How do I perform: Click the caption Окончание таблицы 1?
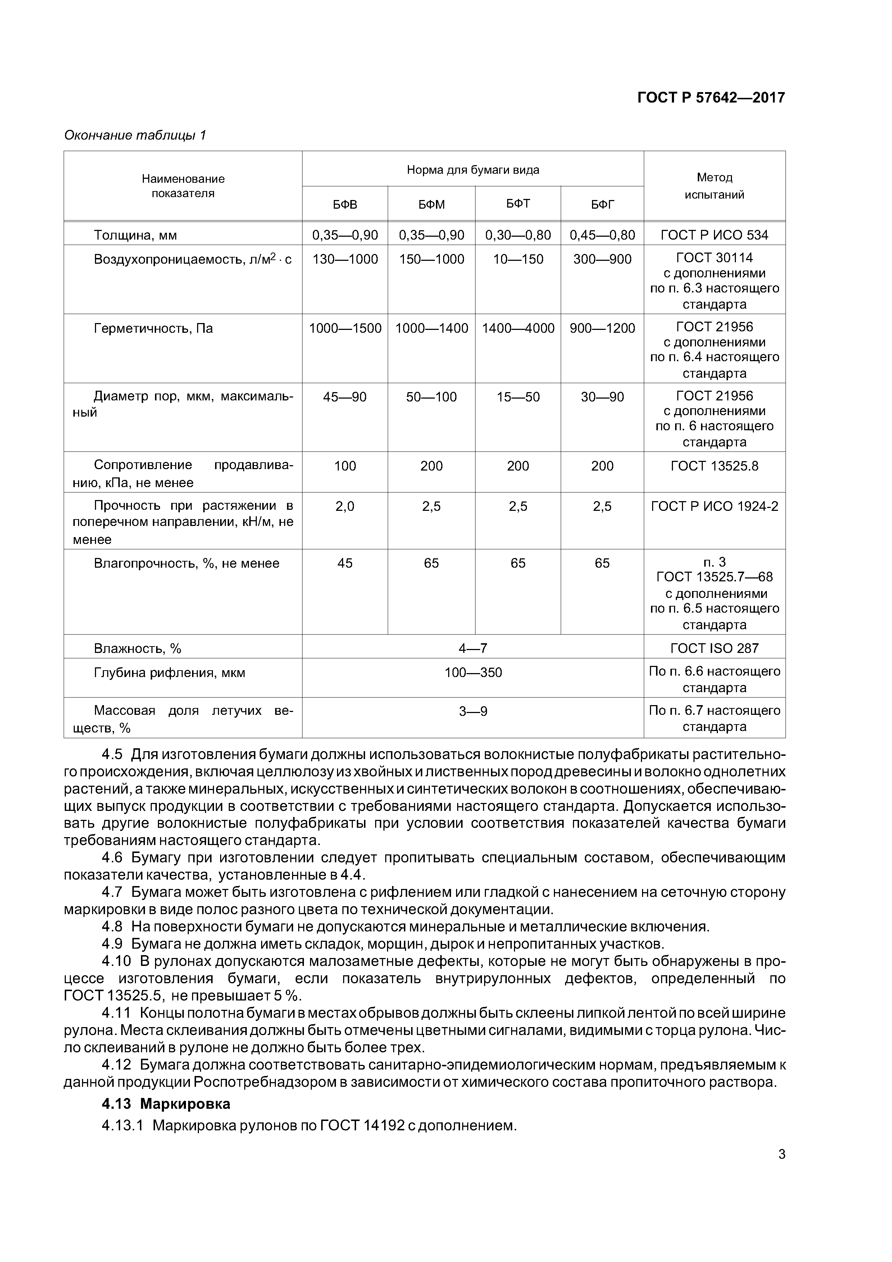click(135, 135)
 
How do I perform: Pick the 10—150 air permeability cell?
click(518, 259)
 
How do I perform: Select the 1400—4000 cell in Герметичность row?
click(518, 329)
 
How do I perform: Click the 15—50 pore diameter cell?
click(518, 398)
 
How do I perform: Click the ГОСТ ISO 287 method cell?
click(714, 649)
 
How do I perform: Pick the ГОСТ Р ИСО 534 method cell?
click(714, 235)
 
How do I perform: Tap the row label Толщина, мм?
click(135, 235)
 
